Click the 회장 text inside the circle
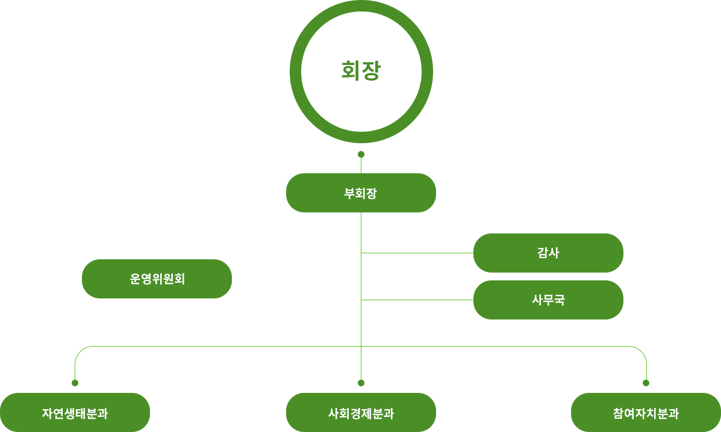point(361,71)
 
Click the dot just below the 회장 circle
point(361,154)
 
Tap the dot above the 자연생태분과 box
point(75,383)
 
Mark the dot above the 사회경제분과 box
point(361,383)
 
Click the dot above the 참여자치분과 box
point(646,383)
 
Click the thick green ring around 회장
point(296,71)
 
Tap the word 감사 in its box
point(548,253)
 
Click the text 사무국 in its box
point(548,300)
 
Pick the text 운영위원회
point(157,279)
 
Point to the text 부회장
point(361,193)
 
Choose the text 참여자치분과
point(646,413)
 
